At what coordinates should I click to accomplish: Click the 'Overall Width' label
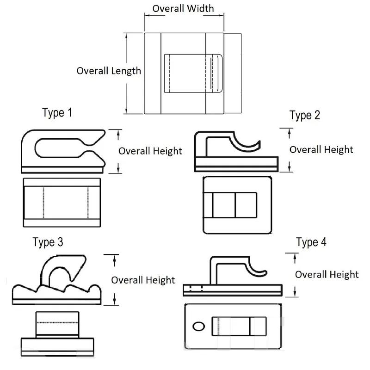tap(183, 9)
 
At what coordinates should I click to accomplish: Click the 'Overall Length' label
tap(109, 71)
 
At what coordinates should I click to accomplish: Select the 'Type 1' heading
tap(57, 112)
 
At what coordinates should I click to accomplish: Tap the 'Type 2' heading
tap(304, 115)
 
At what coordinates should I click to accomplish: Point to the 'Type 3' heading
tap(48, 242)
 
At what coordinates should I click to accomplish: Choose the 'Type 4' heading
tap(311, 242)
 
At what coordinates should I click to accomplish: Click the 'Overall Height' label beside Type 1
tap(150, 151)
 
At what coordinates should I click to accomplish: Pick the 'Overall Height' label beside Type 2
tap(321, 149)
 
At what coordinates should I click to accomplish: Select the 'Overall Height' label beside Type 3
tap(143, 280)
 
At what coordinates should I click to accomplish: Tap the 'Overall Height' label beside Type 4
tap(327, 274)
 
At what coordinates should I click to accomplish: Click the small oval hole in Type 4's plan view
tap(198, 326)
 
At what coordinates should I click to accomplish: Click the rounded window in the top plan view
tap(193, 73)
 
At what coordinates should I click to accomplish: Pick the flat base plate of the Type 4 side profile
tap(233, 290)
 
